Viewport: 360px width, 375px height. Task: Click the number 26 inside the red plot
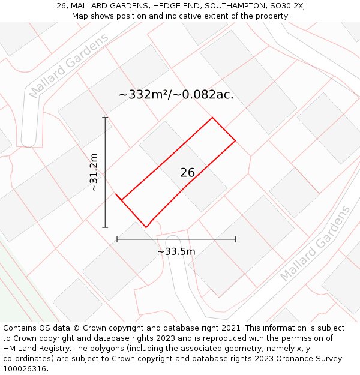tap(187, 173)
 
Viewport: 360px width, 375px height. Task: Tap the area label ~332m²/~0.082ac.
tap(176, 95)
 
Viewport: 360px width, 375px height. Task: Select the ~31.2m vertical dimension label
tap(94, 172)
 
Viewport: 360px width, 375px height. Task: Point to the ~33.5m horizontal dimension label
tap(176, 251)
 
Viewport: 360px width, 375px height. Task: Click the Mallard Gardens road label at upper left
tap(68, 65)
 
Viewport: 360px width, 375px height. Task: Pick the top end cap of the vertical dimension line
tap(106, 118)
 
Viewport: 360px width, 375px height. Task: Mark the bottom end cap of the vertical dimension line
tap(106, 227)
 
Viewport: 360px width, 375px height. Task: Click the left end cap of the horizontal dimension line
tap(117, 239)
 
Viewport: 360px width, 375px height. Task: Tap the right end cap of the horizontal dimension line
tap(235, 239)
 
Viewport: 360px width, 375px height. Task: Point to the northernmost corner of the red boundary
tap(212, 118)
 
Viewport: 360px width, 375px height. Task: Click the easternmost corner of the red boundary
tap(235, 140)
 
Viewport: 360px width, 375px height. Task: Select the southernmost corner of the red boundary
tap(146, 227)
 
